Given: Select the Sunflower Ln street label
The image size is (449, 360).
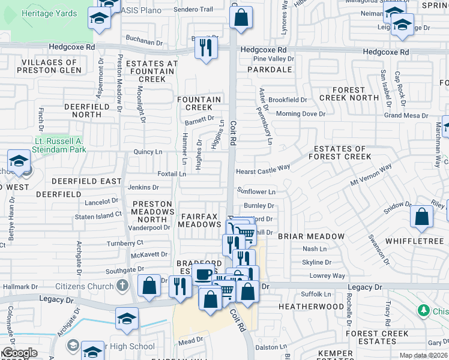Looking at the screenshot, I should pos(256,192).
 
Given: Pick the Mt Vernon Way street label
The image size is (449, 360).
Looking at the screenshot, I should pos(371,174).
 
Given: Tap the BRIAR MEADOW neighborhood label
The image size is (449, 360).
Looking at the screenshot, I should pos(312,236).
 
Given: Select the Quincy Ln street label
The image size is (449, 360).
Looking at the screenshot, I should pos(148,152).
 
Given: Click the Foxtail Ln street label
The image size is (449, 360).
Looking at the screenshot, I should pos(172,174).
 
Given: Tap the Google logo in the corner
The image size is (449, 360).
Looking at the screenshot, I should pos(19,353).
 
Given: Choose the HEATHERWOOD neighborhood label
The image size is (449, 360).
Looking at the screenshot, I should pos(312,307).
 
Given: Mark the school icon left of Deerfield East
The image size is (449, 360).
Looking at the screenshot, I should pos(19,161).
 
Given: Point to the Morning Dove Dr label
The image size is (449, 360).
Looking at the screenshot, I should pos(300,113).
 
